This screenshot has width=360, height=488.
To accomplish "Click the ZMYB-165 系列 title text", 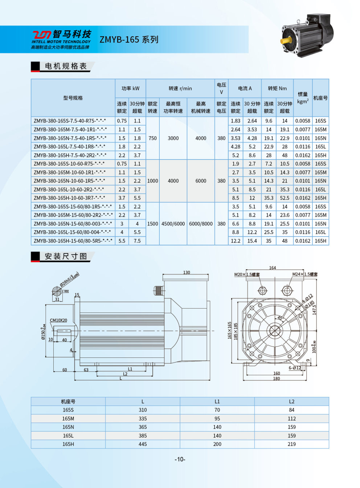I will pos(129,40).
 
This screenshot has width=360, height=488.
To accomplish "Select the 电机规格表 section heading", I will pos(66,66).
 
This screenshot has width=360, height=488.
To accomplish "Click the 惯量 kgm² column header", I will pos(303,98).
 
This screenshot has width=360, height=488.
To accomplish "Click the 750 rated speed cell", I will pos(152,138).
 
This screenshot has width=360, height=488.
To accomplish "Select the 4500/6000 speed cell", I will pos(173,224).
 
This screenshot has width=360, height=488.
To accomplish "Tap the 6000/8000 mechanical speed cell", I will pos(201,224).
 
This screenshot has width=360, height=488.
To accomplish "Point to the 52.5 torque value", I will pos(285,198).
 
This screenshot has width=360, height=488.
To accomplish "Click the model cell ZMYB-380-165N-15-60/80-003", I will pos(73,224).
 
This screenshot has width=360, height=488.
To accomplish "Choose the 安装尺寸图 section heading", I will pos(66,257).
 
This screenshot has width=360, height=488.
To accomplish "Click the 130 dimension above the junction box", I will pos(187,273).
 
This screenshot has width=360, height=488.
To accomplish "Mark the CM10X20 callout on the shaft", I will pos(58,320).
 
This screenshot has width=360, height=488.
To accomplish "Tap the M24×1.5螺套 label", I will pos(305,274).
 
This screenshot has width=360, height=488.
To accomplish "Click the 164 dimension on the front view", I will pos(273,268).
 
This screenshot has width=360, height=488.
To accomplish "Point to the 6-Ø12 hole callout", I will pos(295,368).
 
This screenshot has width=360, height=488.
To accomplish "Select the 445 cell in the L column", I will pos(143,444).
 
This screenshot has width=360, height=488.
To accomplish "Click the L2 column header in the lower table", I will pos(291,401).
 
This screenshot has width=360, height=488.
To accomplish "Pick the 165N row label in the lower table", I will pos(68,427).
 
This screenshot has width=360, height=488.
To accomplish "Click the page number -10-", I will pos(180,459).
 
